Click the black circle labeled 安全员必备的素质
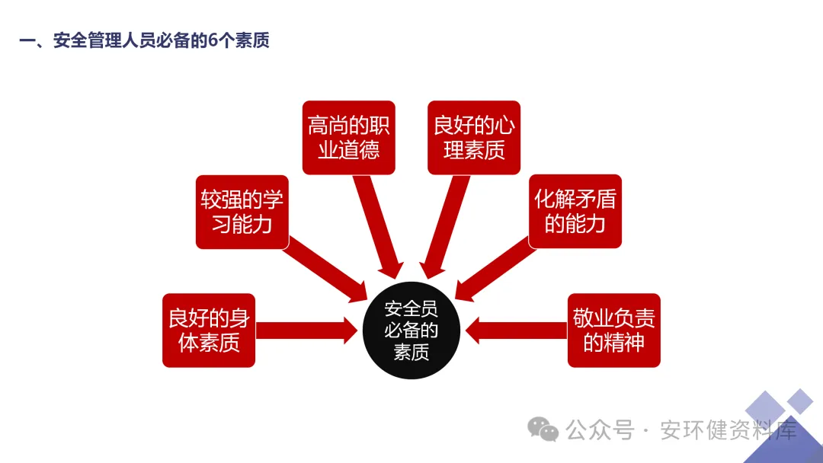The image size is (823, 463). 411,330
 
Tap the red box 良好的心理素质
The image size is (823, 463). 474,138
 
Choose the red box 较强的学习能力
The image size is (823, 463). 242,212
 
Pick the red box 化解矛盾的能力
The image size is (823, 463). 575,212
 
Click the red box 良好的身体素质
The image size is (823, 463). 209,330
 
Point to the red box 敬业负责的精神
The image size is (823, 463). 613,330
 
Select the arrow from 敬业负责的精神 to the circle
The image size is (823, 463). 517,330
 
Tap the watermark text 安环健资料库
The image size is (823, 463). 728,430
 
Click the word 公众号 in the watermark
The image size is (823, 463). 600,430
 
